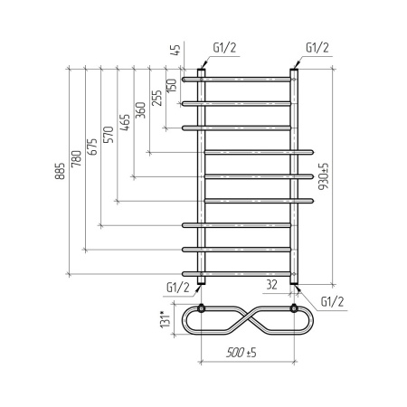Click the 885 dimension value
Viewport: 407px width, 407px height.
[x=60, y=171]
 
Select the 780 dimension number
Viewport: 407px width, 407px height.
[x=76, y=158]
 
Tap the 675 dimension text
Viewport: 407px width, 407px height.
[x=92, y=147]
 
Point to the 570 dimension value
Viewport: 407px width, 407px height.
[x=109, y=135]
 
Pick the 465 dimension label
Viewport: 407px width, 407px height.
[x=125, y=122]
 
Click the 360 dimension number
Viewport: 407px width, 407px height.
[x=140, y=110]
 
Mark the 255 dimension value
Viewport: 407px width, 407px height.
[x=156, y=98]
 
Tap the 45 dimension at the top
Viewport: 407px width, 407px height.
[x=175, y=50]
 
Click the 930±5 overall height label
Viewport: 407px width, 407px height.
[x=324, y=176]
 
